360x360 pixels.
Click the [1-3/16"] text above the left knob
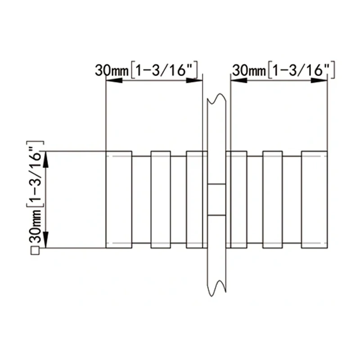164,70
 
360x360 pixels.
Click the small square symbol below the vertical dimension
35,252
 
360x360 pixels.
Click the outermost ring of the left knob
119,199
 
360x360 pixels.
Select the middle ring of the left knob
160,199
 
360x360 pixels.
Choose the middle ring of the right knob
272,199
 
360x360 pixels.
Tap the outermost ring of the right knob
314,199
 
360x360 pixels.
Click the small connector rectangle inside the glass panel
217,199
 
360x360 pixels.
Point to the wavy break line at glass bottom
216,288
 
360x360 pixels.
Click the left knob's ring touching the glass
197,199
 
